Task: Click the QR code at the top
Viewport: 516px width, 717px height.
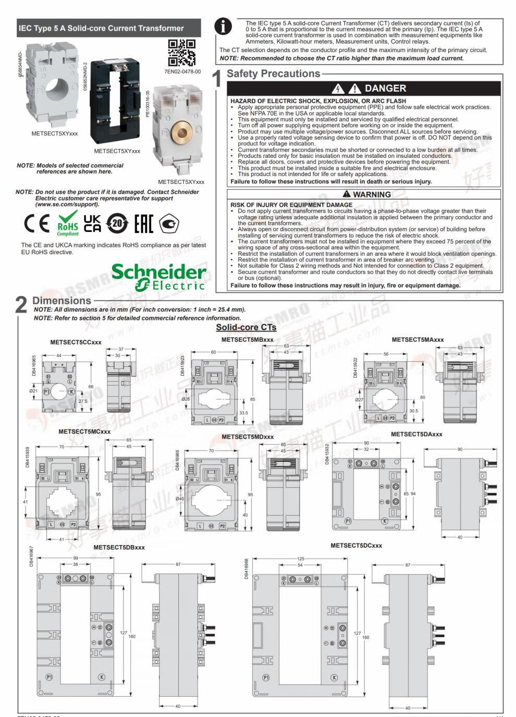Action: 182,53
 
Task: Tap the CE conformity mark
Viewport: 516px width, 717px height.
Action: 36,224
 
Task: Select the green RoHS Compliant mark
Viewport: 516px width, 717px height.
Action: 68,224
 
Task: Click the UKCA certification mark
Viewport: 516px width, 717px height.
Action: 93,223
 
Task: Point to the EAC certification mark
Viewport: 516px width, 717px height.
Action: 143,223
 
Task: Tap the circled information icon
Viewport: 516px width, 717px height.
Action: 224,27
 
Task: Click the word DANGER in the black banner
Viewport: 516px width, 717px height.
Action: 385,89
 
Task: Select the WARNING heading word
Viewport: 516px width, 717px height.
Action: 372,194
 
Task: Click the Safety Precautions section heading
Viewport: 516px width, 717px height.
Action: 273,74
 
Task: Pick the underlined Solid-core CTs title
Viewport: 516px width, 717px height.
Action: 246,327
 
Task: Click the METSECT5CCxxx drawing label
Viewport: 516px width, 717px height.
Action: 76,342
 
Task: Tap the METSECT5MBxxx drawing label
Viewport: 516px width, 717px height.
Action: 247,340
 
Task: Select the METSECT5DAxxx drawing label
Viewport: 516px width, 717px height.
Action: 416,434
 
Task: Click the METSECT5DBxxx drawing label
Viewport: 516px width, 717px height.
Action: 119,548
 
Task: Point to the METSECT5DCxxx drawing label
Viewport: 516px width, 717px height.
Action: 356,546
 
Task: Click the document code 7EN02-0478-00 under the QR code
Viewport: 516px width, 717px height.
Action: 182,72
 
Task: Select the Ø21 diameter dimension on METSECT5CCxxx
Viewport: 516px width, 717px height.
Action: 33,391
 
